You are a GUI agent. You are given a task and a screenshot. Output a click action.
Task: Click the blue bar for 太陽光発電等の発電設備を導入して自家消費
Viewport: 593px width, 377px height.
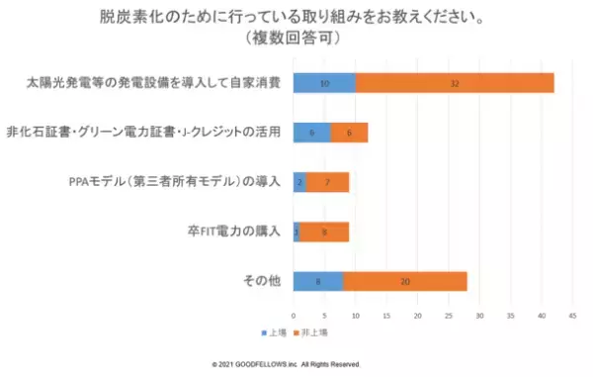point(324,84)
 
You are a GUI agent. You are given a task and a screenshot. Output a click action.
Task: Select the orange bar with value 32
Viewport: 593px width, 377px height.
point(455,84)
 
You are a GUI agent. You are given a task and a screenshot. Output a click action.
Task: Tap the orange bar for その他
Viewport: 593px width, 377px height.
point(405,282)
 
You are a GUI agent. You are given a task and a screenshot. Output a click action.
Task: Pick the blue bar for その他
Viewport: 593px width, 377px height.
point(318,282)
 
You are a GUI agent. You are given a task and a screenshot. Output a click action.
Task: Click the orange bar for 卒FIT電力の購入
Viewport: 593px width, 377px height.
point(324,233)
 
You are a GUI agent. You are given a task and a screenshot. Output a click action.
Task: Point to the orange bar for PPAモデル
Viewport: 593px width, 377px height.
point(327,183)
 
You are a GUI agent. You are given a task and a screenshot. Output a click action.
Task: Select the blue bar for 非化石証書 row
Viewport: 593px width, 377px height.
point(311,133)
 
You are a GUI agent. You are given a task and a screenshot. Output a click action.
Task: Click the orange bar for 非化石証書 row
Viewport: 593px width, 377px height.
point(349,133)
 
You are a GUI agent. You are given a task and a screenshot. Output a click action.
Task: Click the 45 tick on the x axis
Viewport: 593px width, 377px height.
point(571,317)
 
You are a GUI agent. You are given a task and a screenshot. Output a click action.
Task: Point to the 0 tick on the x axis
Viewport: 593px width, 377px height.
point(294,317)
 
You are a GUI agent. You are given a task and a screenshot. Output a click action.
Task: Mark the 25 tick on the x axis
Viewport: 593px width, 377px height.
point(448,317)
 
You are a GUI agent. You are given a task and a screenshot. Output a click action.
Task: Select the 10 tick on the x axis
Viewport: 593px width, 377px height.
point(356,317)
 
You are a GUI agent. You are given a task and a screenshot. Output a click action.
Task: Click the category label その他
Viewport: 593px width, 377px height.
point(262,282)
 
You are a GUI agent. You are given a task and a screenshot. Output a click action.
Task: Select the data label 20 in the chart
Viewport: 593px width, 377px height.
point(405,282)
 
